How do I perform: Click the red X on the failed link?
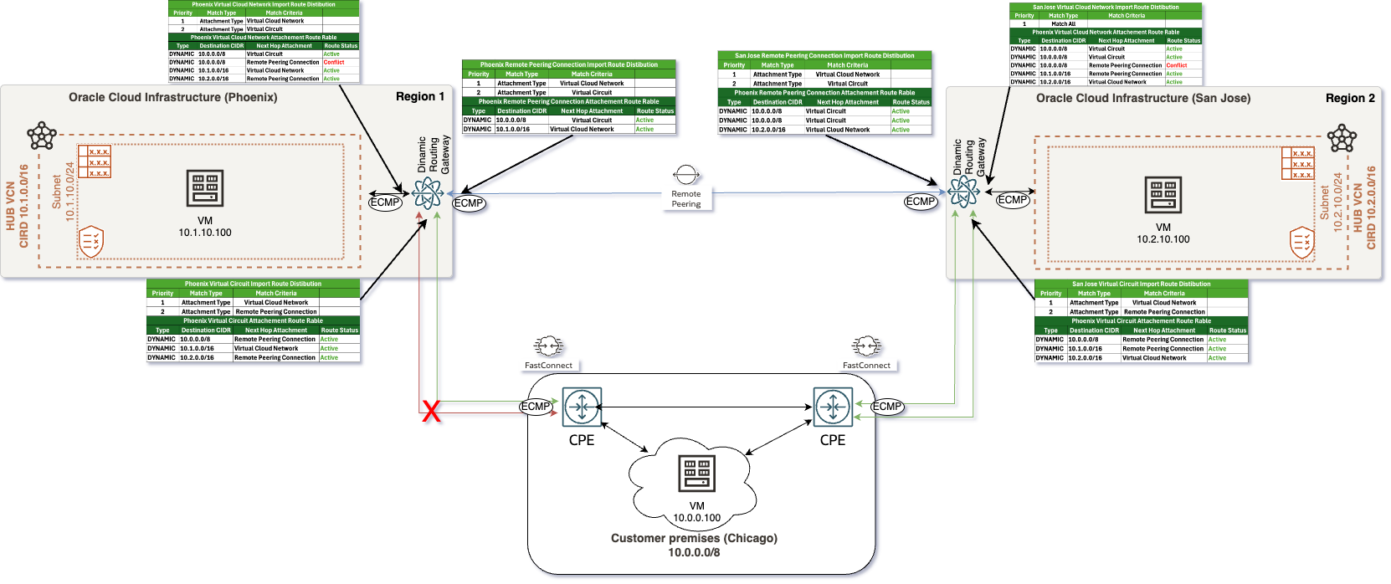tap(431, 411)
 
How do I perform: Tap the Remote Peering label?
tap(686, 199)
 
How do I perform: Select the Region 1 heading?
tap(420, 97)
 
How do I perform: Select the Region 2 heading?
tap(1350, 98)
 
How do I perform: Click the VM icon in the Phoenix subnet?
tap(205, 189)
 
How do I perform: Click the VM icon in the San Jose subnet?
tap(1163, 196)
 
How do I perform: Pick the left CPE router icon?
tap(582, 407)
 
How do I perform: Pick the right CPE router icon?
tap(833, 407)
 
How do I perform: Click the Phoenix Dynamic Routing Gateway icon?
tap(428, 193)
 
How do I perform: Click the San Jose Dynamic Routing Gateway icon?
tap(963, 192)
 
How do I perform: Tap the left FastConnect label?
tap(548, 366)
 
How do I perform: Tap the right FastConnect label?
tap(866, 366)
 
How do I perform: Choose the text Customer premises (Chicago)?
tap(694, 538)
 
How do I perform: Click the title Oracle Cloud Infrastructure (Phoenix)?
tap(173, 98)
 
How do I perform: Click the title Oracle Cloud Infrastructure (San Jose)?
tap(1143, 99)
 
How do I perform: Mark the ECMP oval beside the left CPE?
tap(536, 407)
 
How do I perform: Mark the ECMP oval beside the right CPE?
tap(887, 407)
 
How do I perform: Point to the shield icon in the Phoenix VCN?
tap(90, 242)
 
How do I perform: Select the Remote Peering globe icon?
tap(686, 175)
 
